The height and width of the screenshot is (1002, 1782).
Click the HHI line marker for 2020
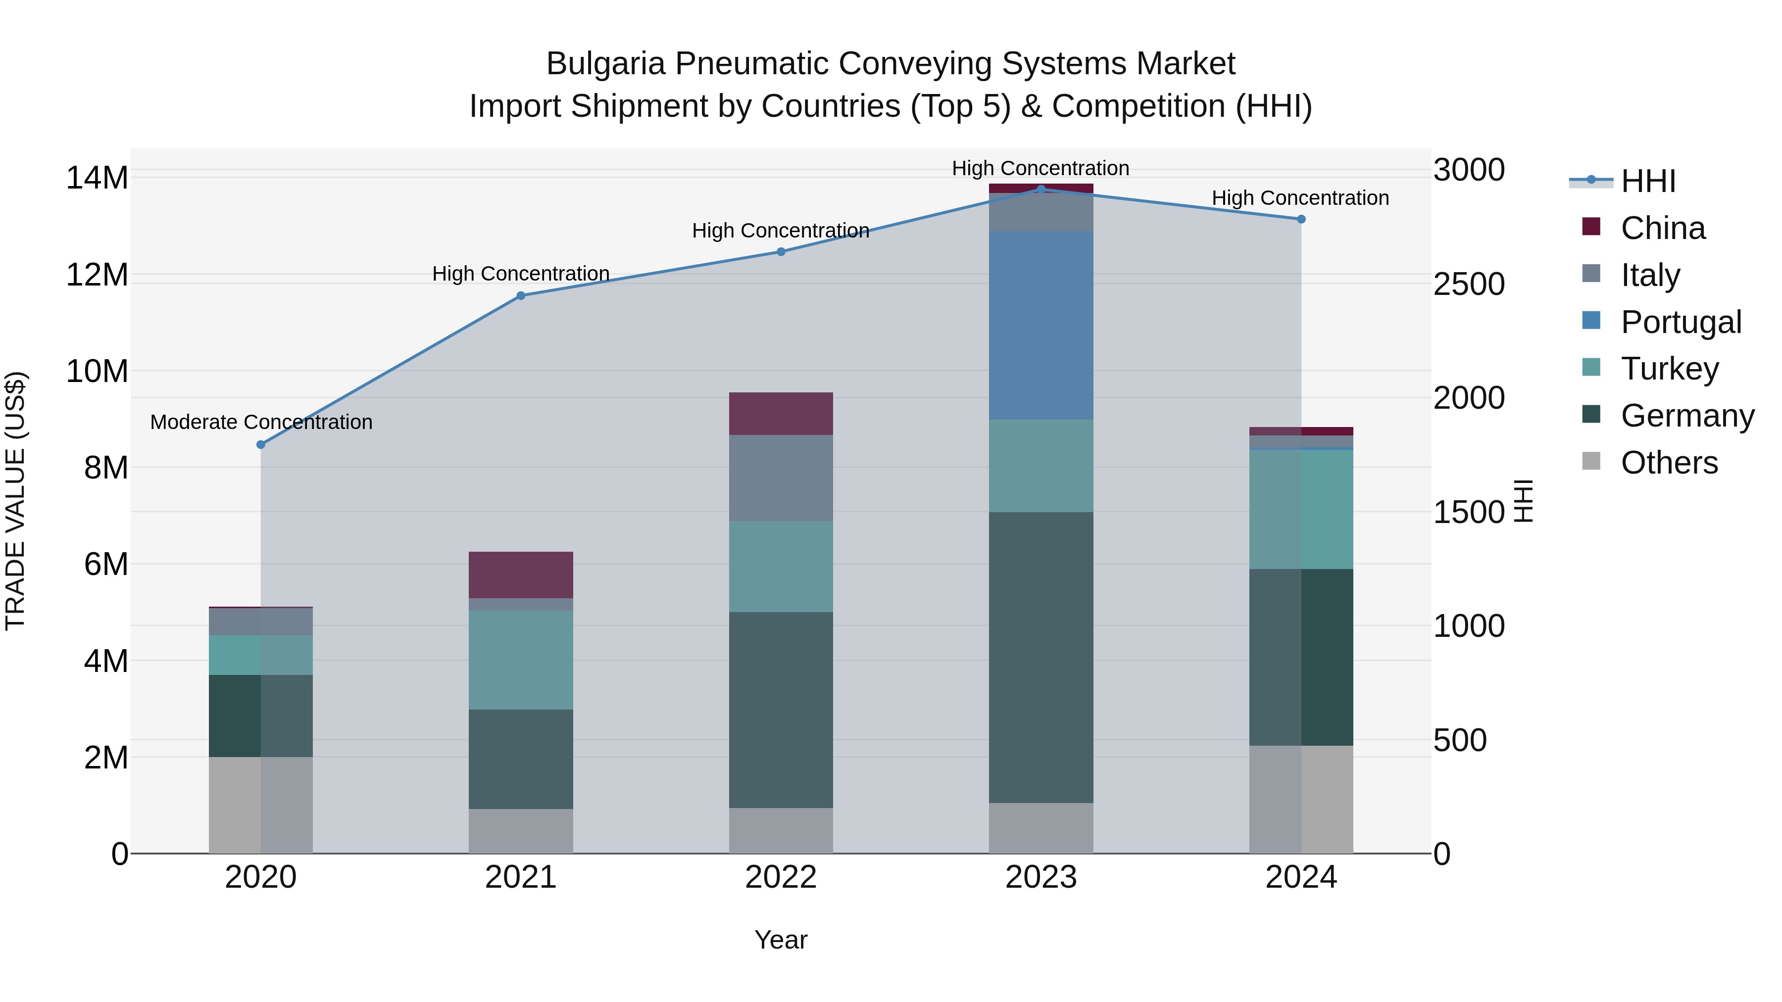[261, 445]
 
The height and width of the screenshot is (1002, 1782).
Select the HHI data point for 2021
[521, 296]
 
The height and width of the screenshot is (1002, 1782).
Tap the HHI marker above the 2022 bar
[781, 252]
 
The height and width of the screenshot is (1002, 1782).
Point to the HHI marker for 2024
[1301, 219]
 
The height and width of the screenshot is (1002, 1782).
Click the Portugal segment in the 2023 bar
[1041, 325]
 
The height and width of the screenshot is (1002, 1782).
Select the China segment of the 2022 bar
[781, 414]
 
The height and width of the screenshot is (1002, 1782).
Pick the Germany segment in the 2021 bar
[521, 759]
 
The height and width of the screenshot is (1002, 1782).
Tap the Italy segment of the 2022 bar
[781, 478]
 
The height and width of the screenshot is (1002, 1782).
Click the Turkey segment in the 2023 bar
[1041, 466]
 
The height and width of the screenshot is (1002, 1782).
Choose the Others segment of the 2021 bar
[521, 831]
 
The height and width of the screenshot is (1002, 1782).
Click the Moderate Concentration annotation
[261, 422]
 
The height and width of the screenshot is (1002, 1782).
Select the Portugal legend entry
[1681, 322]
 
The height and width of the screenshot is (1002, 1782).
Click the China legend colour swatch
[1591, 227]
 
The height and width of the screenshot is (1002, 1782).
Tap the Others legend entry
[1669, 463]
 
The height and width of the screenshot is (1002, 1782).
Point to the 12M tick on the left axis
[97, 275]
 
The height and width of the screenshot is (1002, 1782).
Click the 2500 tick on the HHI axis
[1469, 284]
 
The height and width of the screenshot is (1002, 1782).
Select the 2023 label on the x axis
[1041, 877]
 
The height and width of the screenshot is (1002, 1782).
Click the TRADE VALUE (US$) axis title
[15, 501]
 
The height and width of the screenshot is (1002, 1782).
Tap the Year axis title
[781, 940]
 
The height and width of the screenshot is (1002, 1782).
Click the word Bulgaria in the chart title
[605, 64]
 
